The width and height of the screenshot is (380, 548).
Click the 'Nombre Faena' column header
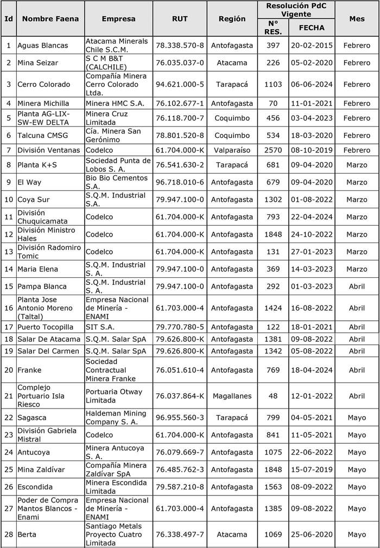point(50,18)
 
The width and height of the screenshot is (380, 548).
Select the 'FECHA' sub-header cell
point(312,27)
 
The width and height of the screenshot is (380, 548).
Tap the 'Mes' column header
point(357,18)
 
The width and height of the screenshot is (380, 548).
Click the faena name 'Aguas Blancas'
point(42,46)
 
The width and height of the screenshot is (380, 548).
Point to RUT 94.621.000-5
point(180,85)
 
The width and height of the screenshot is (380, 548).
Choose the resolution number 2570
point(273,150)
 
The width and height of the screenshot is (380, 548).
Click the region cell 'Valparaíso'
point(232,150)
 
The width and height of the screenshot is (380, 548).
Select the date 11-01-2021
point(312,103)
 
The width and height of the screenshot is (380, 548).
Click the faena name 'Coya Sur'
point(34,200)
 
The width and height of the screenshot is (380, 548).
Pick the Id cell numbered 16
point(8,308)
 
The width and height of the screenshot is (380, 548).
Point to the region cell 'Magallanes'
point(232,396)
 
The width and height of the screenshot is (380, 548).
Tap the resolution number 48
point(273,396)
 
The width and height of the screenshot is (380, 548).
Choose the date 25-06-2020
point(312,535)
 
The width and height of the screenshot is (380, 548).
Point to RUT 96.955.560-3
point(180,418)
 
